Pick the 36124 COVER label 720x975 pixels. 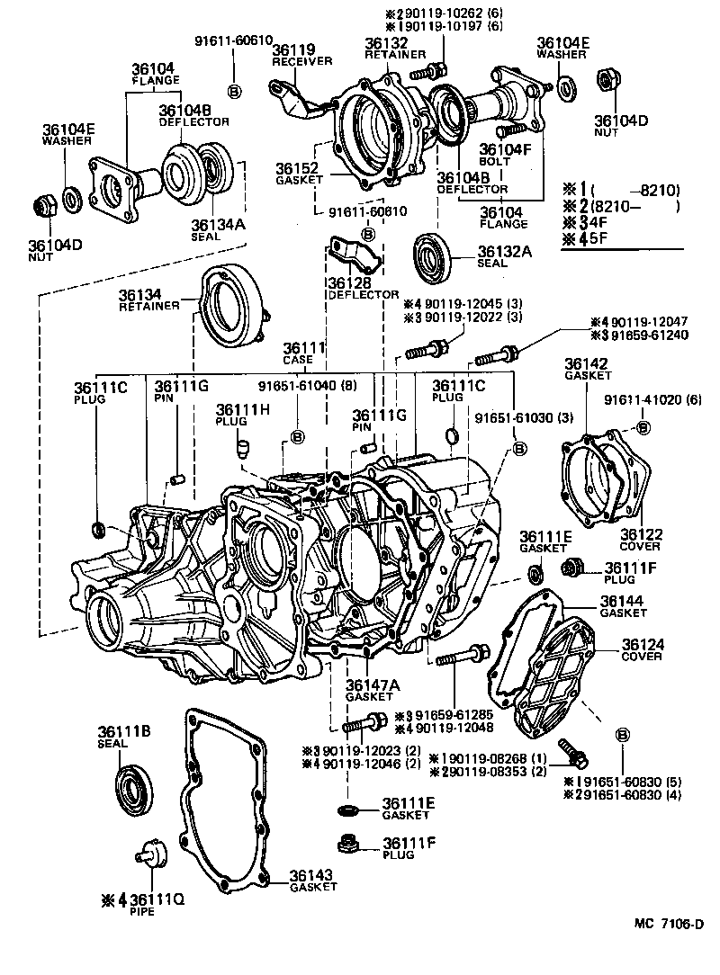pyautogui.click(x=641, y=649)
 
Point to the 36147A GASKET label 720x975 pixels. pyautogui.click(x=369, y=690)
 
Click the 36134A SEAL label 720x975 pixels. pyautogui.click(x=217, y=230)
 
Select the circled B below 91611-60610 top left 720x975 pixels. pyautogui.click(x=234, y=91)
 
